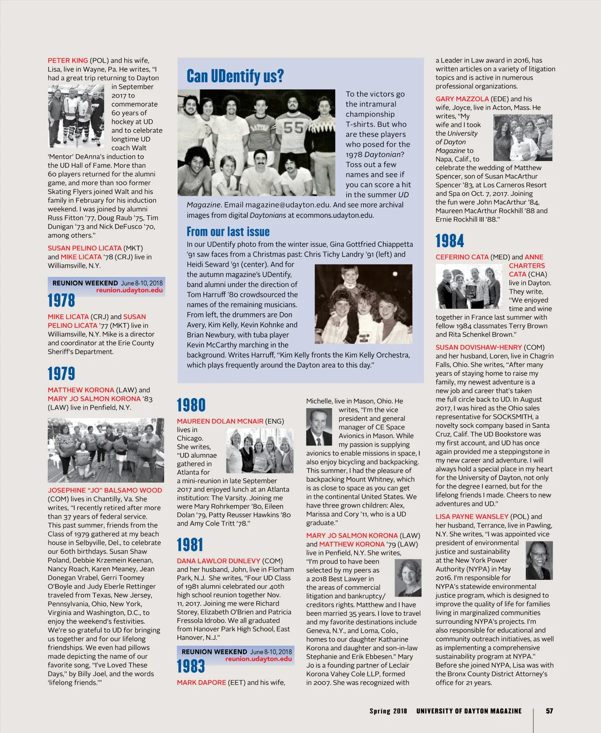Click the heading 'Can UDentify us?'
click(235, 76)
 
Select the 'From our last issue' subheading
click(228, 231)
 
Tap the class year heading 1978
click(61, 301)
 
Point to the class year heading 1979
click(61, 374)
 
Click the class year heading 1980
click(191, 405)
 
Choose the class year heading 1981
click(190, 545)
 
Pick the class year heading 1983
click(190, 666)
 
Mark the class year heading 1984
click(449, 241)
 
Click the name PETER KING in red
click(68, 61)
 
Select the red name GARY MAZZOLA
click(462, 99)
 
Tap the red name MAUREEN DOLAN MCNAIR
click(220, 421)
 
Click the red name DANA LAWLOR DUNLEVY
click(218, 561)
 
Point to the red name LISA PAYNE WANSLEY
click(472, 517)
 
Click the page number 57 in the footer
click(549, 711)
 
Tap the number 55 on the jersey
click(293, 127)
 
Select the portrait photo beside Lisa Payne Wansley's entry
click(538, 560)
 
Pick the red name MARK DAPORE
click(201, 682)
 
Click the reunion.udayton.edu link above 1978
click(129, 290)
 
